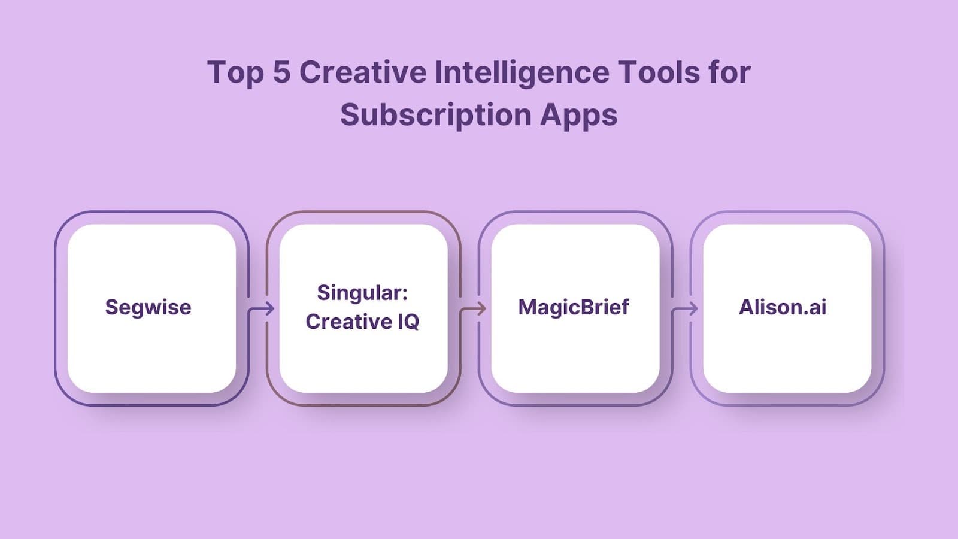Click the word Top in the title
coord(235,73)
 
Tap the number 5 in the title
coord(281,72)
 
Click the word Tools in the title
coord(659,72)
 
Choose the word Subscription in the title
coord(435,115)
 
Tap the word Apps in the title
coord(578,115)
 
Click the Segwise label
coord(148,307)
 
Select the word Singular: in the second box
coord(362,293)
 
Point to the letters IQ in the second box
coord(408,322)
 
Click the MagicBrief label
coord(574,307)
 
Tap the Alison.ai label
coord(783,307)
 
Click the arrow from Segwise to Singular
coord(262,309)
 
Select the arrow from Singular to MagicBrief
coord(474,309)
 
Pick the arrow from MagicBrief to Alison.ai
coord(686,309)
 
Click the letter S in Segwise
coord(110,307)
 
